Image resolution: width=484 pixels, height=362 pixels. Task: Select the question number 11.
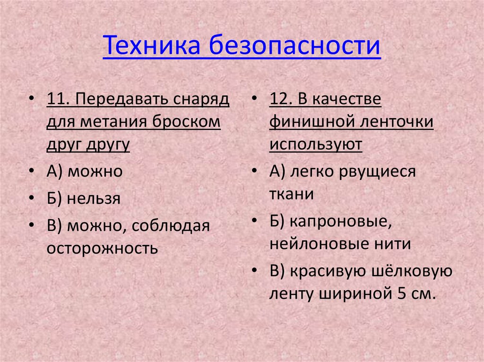coord(57,100)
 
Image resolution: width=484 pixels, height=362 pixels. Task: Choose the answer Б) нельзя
coord(83,198)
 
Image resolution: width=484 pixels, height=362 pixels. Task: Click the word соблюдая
coord(171,226)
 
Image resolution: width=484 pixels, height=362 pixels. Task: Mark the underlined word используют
coord(316,144)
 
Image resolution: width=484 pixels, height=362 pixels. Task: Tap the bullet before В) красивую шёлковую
coord(255,272)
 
